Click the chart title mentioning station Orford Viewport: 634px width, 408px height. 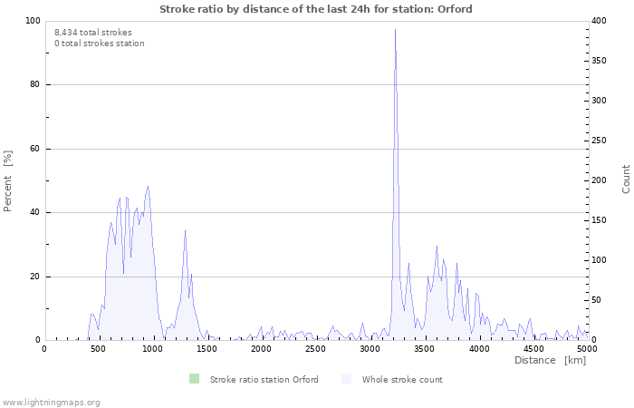click(316, 9)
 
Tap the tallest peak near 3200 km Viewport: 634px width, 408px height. click(395, 30)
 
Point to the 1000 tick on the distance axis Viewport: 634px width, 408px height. click(152, 348)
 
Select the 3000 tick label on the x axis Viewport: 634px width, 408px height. click(370, 348)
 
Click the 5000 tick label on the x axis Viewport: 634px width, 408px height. click(587, 348)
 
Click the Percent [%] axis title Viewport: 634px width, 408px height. click(8, 180)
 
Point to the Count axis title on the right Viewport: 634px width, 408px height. click(626, 179)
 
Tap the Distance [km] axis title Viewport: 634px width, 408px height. click(550, 361)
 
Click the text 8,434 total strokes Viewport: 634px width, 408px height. click(92, 33)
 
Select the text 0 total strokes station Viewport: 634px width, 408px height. click(99, 44)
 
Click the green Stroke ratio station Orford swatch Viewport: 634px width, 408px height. click(194, 379)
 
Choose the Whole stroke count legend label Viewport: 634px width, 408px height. click(401, 380)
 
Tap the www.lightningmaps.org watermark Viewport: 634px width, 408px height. click(51, 402)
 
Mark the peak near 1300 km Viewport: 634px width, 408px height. click(185, 230)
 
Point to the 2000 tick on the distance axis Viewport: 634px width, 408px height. click(261, 348)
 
